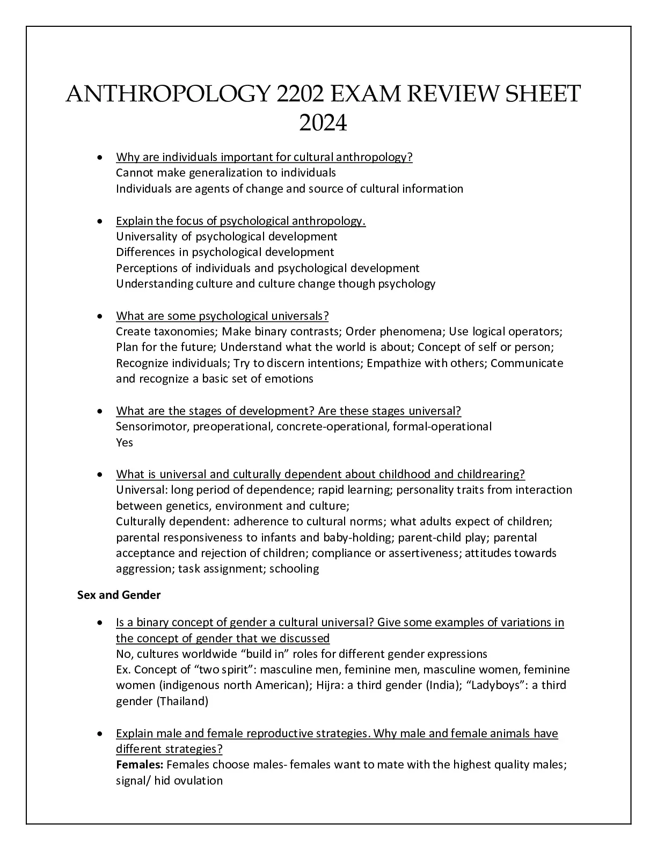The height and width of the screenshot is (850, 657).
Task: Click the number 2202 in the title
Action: (299, 94)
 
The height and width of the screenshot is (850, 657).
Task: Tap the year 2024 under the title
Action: (323, 124)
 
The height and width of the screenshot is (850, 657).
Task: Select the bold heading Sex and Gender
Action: (119, 595)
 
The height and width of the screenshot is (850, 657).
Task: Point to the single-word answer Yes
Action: (125, 443)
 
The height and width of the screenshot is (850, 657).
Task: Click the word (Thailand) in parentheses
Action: (182, 701)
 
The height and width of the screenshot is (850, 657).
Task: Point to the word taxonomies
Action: (185, 332)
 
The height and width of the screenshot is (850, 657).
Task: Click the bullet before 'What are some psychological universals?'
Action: (99, 317)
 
